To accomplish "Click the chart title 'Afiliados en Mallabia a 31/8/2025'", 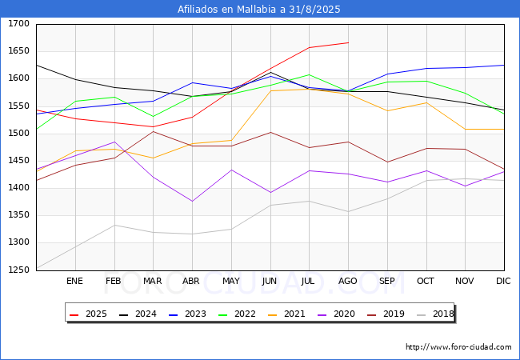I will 259,10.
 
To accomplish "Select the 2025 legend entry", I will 90,314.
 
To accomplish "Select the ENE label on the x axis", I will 74,281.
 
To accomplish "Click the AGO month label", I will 348,281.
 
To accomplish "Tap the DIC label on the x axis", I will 503,281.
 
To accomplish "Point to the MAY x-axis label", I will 231,281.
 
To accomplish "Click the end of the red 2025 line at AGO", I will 348,42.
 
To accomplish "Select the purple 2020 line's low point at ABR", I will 192,201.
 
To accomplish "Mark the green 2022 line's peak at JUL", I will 309,74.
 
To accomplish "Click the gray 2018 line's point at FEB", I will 114,225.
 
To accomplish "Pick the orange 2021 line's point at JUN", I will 270,90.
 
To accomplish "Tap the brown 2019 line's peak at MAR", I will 153,131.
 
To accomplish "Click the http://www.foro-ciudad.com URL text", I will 458,347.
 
